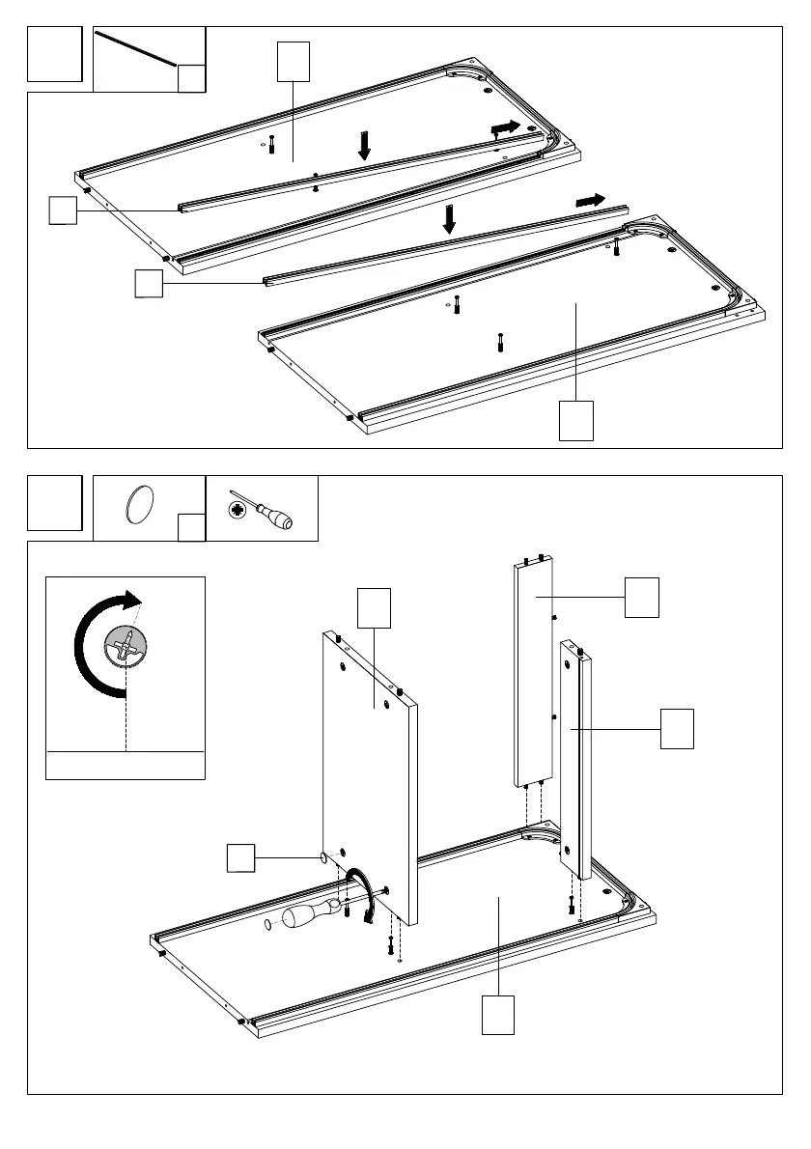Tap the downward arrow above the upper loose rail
[x=364, y=145]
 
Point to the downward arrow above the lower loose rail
[x=448, y=217]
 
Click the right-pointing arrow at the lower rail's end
[x=589, y=200]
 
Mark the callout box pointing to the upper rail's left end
[x=63, y=210]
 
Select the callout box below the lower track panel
[x=575, y=422]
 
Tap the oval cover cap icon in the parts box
[x=140, y=505]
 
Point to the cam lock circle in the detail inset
[x=126, y=644]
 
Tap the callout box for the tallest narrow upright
[x=641, y=598]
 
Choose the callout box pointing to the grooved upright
[x=677, y=728]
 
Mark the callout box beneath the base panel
[x=498, y=1015]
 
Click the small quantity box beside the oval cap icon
[x=192, y=527]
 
